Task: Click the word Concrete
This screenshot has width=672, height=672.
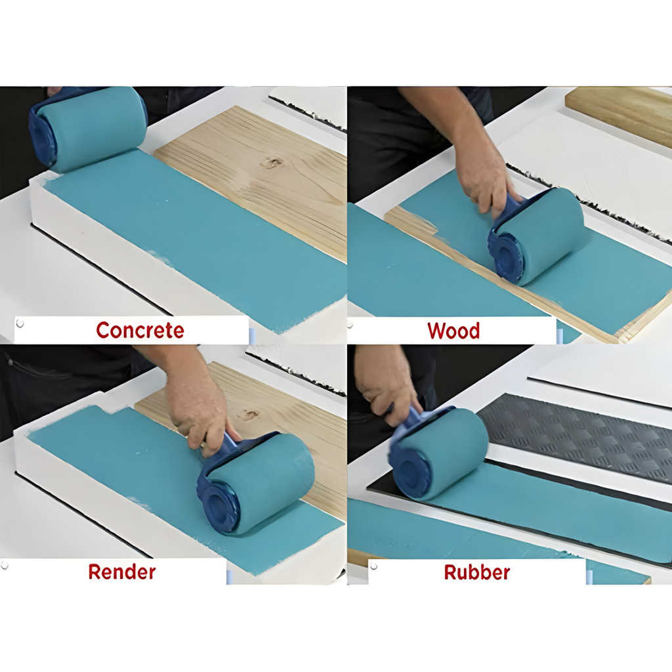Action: (x=140, y=330)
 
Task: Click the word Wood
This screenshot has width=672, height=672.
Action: (x=453, y=331)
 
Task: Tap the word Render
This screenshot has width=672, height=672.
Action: (x=122, y=572)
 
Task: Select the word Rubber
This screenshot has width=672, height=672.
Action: (x=477, y=572)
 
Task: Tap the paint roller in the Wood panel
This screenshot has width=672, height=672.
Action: (x=535, y=236)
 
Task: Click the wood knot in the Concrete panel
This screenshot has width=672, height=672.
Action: (x=272, y=163)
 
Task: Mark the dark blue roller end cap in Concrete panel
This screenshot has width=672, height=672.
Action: (x=42, y=136)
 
